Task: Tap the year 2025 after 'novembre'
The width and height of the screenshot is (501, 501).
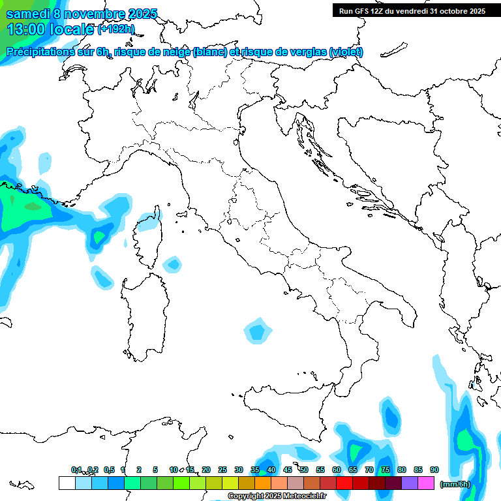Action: pyautogui.click(x=142, y=14)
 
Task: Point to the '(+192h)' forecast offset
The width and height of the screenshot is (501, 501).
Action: pyautogui.click(x=115, y=29)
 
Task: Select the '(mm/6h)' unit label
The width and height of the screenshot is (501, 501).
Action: pyautogui.click(x=455, y=483)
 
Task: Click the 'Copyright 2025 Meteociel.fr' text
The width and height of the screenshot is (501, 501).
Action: pyautogui.click(x=277, y=496)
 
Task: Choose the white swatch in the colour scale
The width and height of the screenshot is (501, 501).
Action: pyautogui.click(x=67, y=483)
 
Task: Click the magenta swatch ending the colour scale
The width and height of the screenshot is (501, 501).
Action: pyautogui.click(x=426, y=483)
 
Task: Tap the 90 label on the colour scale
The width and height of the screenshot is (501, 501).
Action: pyautogui.click(x=434, y=470)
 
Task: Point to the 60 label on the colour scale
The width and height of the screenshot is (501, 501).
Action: pyautogui.click(x=337, y=470)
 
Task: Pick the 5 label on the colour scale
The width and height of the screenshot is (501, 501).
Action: pyautogui.click(x=155, y=470)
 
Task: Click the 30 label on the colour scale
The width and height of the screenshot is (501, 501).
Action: pyautogui.click(x=239, y=470)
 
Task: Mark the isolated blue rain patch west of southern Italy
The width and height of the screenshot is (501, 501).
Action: pyautogui.click(x=258, y=331)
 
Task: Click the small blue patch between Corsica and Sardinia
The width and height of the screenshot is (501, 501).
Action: pyautogui.click(x=173, y=264)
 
